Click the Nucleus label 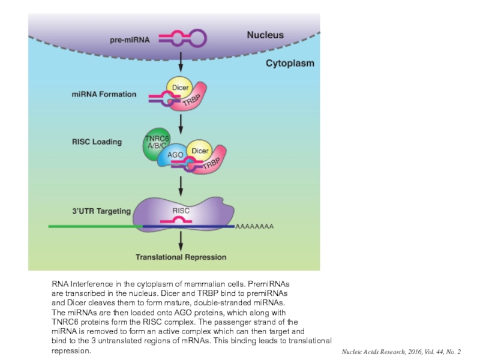point(265,35)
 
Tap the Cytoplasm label point(290,63)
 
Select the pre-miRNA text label point(130,40)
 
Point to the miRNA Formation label point(104,94)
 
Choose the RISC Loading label point(97,142)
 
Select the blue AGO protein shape point(175,155)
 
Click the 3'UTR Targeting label point(101,211)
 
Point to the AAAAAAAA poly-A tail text point(254,227)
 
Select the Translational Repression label point(181,257)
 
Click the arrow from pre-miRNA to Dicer point(181,61)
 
